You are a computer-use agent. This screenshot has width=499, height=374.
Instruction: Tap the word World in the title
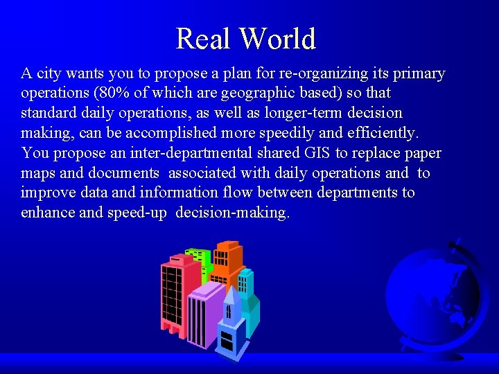277,39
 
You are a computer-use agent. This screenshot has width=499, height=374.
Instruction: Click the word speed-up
137,213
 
